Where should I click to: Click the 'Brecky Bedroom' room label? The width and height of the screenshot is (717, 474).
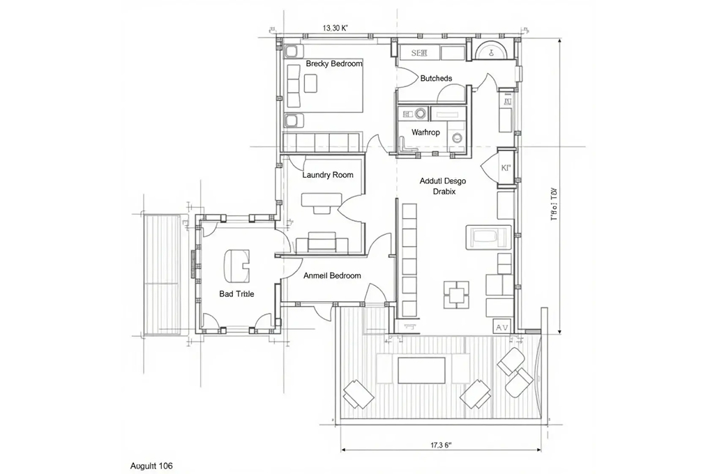(x=334, y=64)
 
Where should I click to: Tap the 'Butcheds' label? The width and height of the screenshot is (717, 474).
(x=436, y=79)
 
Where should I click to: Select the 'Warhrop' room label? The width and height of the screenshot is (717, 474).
(x=425, y=132)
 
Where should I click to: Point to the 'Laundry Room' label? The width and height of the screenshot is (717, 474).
(x=328, y=175)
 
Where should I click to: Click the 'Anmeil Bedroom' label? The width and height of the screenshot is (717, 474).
(x=332, y=276)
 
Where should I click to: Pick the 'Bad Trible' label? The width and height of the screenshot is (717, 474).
(x=236, y=294)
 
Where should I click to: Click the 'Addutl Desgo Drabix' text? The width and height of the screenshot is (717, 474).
(x=442, y=186)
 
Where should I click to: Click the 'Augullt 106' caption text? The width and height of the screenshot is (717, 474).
(x=151, y=466)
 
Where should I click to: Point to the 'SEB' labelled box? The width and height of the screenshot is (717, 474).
(x=418, y=53)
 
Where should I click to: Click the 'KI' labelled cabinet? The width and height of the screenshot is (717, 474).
(x=506, y=168)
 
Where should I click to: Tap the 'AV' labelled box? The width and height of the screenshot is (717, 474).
(x=501, y=326)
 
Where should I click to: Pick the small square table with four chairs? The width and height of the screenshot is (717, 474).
(x=458, y=294)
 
